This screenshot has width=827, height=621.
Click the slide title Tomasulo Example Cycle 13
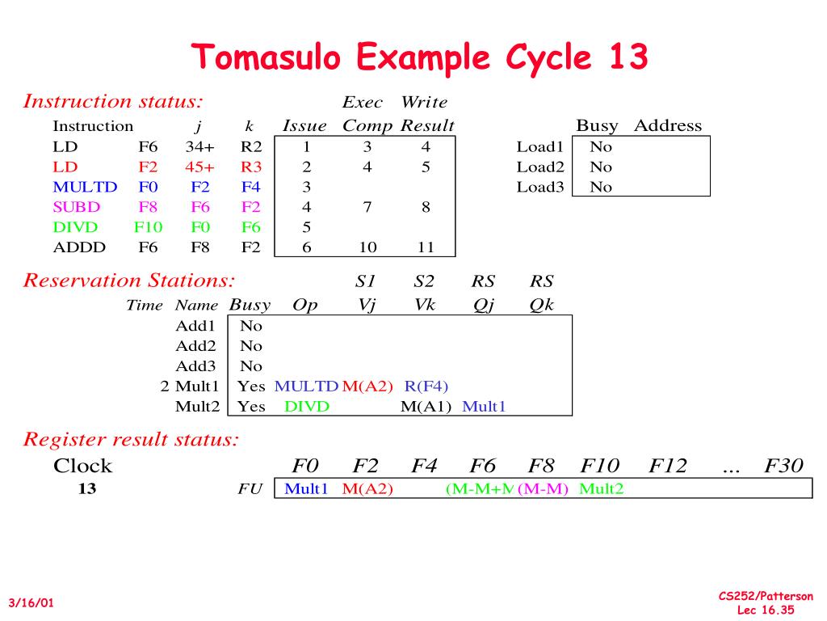coord(419,57)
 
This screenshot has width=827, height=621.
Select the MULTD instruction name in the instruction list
coord(85,187)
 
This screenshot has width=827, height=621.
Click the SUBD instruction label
coord(77,207)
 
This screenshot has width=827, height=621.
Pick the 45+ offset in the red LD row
coord(199,167)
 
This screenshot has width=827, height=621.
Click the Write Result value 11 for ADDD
coord(426,247)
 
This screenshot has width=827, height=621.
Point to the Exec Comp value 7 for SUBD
coord(367,207)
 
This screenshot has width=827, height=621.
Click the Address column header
coord(668,126)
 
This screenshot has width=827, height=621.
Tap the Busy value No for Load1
coord(601,147)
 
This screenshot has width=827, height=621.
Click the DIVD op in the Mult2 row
coord(307,406)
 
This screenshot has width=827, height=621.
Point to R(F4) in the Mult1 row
coord(426,387)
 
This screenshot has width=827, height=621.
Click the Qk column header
coord(541,306)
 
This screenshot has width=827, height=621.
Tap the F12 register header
coord(668,466)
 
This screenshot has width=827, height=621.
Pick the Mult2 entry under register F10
coord(602,489)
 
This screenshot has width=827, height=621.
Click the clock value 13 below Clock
coord(86,489)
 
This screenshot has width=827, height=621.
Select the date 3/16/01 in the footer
coord(31,603)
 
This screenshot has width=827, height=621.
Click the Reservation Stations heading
coord(129,281)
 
